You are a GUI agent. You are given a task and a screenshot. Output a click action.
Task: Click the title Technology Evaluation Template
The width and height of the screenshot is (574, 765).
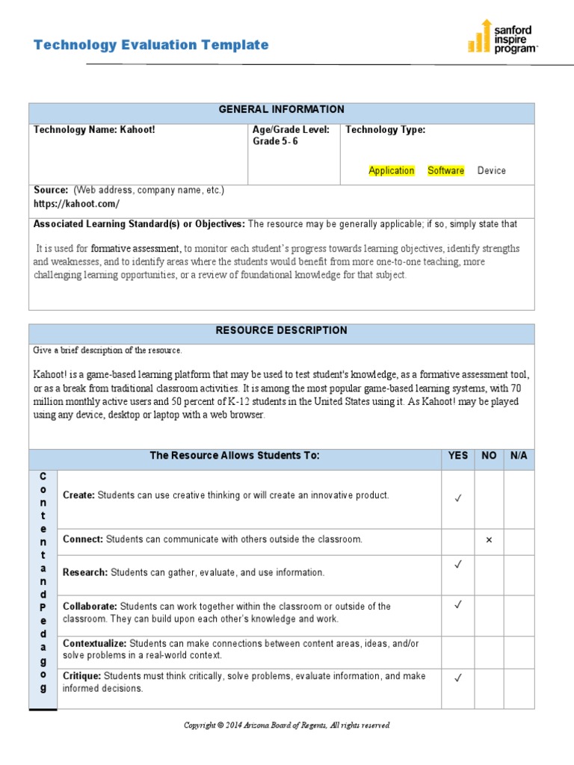tap(151, 45)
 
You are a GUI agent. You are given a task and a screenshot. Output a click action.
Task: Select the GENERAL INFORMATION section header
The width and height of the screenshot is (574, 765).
tap(281, 110)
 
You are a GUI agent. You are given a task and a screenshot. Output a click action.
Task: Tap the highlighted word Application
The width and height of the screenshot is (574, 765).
tap(391, 170)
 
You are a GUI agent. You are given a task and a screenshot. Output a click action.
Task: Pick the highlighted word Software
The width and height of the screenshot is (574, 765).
tap(445, 170)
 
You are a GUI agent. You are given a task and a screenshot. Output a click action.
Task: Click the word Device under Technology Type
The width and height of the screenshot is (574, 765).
tap(491, 170)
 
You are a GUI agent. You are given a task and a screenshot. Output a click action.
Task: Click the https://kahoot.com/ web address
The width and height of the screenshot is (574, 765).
tap(76, 203)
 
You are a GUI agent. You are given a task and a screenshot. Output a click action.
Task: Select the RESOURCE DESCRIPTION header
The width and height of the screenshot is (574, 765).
tap(281, 330)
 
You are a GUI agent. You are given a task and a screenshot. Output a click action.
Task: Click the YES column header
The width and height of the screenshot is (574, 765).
tap(457, 456)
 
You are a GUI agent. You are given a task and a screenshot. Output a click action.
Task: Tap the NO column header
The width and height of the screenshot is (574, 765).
tap(489, 456)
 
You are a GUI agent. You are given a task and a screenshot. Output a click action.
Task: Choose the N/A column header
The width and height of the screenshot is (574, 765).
tap(519, 456)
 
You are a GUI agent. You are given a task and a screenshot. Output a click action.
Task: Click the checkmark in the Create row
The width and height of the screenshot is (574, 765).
tap(457, 498)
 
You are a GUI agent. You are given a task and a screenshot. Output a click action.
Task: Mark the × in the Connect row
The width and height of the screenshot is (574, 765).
tap(489, 540)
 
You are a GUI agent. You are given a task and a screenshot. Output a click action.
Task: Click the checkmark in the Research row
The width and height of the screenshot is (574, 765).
tap(457, 566)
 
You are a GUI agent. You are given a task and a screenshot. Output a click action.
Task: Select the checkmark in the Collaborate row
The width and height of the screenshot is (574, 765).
tap(457, 605)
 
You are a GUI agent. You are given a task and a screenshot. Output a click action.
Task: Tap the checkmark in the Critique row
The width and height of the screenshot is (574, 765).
tap(457, 678)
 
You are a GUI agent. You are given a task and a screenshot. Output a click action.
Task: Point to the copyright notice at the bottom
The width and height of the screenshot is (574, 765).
tap(287, 725)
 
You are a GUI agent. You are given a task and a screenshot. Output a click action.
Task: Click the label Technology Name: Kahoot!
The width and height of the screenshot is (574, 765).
tap(94, 130)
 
